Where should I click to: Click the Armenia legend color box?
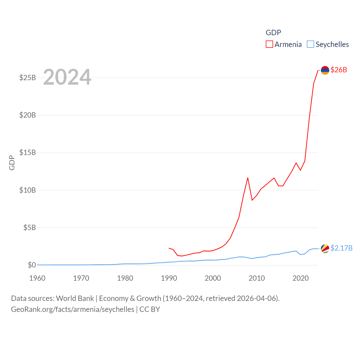(x=269, y=44)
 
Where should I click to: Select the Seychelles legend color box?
(x=310, y=44)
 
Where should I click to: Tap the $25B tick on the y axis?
(x=28, y=78)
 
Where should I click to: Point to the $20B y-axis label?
(x=28, y=115)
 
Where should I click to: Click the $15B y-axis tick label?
(x=28, y=152)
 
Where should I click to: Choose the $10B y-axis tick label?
(x=28, y=190)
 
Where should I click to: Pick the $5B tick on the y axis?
(x=30, y=228)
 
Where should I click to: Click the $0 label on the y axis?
(x=32, y=265)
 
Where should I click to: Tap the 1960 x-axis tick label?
(x=37, y=278)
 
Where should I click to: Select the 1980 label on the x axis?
(x=125, y=278)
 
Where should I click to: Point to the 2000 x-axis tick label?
(x=213, y=278)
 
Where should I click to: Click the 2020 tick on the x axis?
(x=301, y=278)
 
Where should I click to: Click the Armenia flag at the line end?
(x=325, y=70)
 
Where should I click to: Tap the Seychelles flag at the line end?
(x=325, y=248)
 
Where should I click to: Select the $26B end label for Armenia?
(x=339, y=70)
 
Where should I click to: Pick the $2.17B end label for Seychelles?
(x=341, y=248)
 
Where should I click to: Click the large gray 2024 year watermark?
(x=67, y=77)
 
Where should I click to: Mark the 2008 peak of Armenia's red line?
(x=248, y=178)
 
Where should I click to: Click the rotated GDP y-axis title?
(x=12, y=163)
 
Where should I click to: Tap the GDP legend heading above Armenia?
(x=273, y=33)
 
